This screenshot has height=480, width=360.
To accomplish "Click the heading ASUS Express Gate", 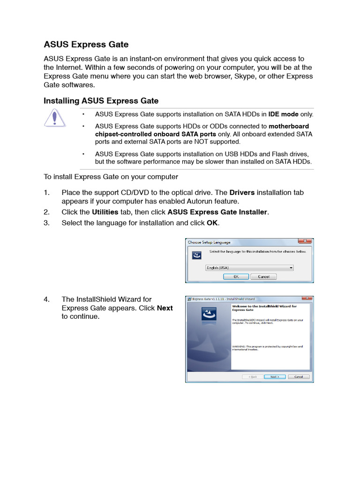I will (x=86, y=45).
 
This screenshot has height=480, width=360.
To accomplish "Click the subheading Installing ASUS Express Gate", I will (x=101, y=101).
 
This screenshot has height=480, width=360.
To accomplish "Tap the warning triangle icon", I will (x=55, y=118).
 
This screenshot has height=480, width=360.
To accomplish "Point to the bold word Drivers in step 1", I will (x=242, y=193).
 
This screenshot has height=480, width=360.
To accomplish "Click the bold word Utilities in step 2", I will (x=105, y=212).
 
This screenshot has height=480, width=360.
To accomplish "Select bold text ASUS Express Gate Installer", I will (x=217, y=212).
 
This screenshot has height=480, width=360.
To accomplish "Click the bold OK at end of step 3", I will (x=212, y=223).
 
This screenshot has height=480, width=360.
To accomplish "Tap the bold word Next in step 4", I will (x=165, y=308).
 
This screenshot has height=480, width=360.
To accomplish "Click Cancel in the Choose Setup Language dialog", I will (x=263, y=277).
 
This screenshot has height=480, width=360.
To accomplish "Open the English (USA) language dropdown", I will (x=291, y=268).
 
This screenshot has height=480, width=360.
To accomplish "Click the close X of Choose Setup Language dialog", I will (x=305, y=242).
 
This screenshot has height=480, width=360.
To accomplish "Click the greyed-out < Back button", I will (x=252, y=376).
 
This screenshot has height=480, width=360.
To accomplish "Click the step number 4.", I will (x=46, y=299).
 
